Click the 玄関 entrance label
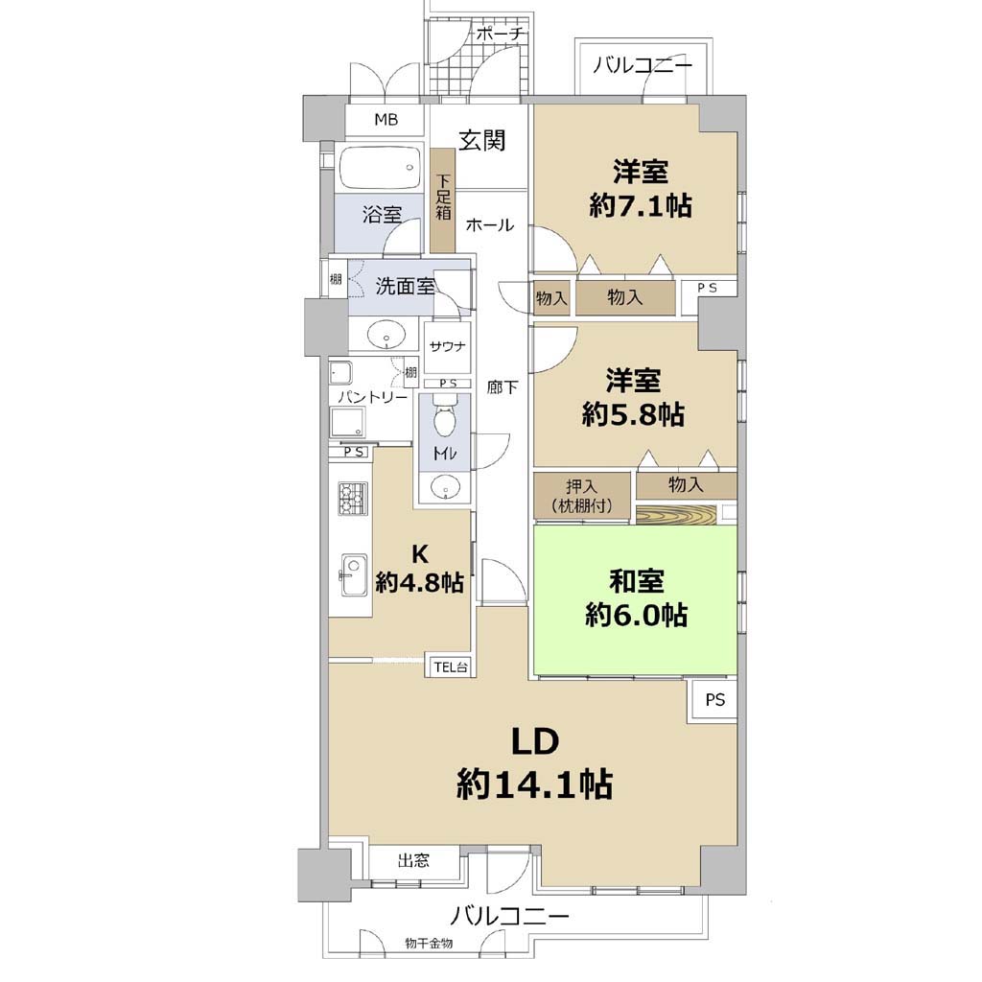[x=482, y=140]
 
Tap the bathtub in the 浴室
[x=380, y=167]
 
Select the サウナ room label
[x=447, y=345]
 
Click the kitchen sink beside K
[x=353, y=575]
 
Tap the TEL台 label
[x=451, y=667]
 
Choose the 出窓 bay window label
[x=413, y=860]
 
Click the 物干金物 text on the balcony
[x=429, y=943]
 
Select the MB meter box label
[x=386, y=119]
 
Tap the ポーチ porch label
[x=500, y=34]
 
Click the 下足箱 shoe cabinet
[x=443, y=200]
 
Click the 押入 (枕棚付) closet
[x=582, y=496]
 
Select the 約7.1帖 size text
[x=641, y=205]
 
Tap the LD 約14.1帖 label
[x=535, y=763]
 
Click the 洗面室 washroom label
[x=405, y=287]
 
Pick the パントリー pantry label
[x=373, y=397]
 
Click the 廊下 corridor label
[x=503, y=387]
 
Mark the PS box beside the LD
[x=714, y=699]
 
